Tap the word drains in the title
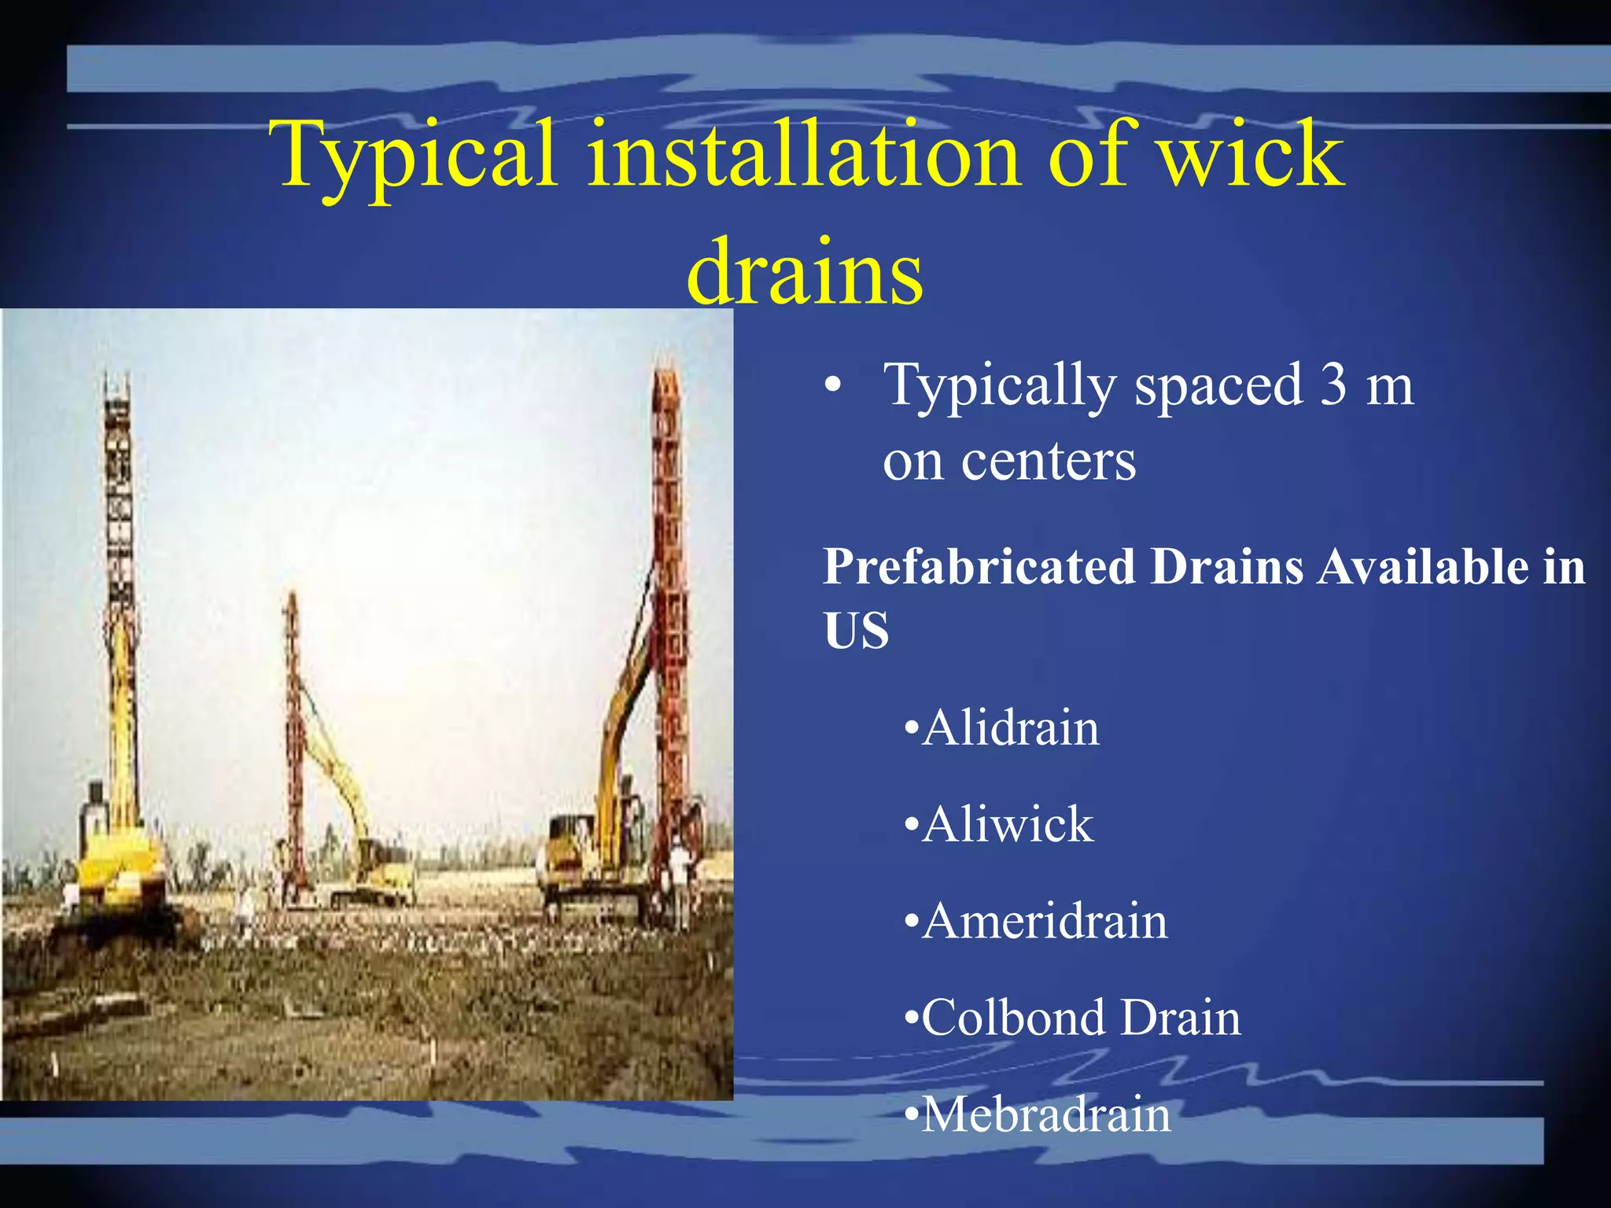[x=805, y=271]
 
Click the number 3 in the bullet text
[x=1333, y=385]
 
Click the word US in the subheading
[x=856, y=631]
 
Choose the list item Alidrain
[x=1010, y=728]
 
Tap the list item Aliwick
[x=1007, y=825]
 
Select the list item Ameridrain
[x=1044, y=922]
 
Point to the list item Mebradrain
[x=1045, y=1115]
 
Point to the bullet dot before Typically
[x=833, y=386]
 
